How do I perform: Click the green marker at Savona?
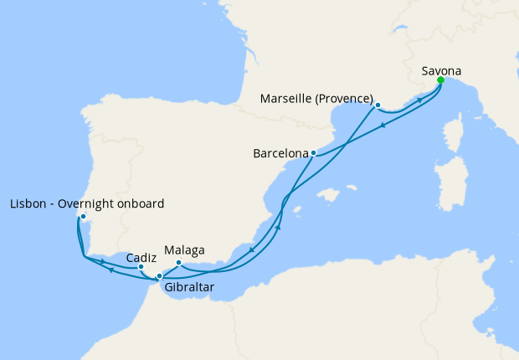pyautogui.click(x=440, y=80)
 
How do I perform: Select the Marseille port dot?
pyautogui.click(x=378, y=105)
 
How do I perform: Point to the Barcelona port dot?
pyautogui.click(x=313, y=153)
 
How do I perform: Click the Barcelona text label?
pyautogui.click(x=280, y=153)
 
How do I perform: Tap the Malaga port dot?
pyautogui.click(x=179, y=262)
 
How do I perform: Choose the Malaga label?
pyautogui.click(x=185, y=249)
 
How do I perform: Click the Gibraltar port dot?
pyautogui.click(x=159, y=275)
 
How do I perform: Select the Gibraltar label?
pyautogui.click(x=188, y=287)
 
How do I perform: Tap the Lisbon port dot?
pyautogui.click(x=83, y=217)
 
